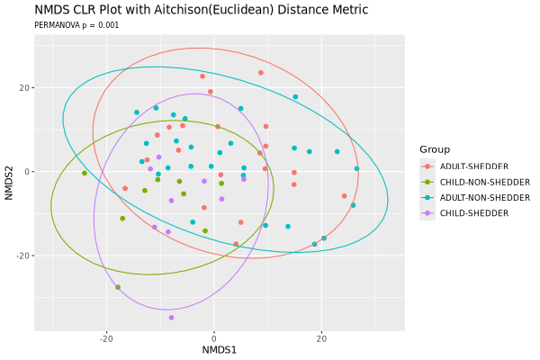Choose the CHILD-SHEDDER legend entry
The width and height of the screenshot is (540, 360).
coord(468,212)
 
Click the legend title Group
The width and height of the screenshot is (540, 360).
coord(435,148)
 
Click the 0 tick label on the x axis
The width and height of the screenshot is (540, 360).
coord(214,339)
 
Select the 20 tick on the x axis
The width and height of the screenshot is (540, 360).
coord(321,339)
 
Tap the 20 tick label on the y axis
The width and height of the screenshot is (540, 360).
coord(22,88)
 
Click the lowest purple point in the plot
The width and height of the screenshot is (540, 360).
coord(172,318)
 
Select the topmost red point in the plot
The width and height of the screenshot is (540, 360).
coord(261,73)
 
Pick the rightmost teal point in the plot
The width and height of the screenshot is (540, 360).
coord(356,169)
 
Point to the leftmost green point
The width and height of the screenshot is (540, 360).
coord(85,174)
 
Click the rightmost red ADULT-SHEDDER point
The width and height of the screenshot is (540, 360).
coord(344,196)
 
